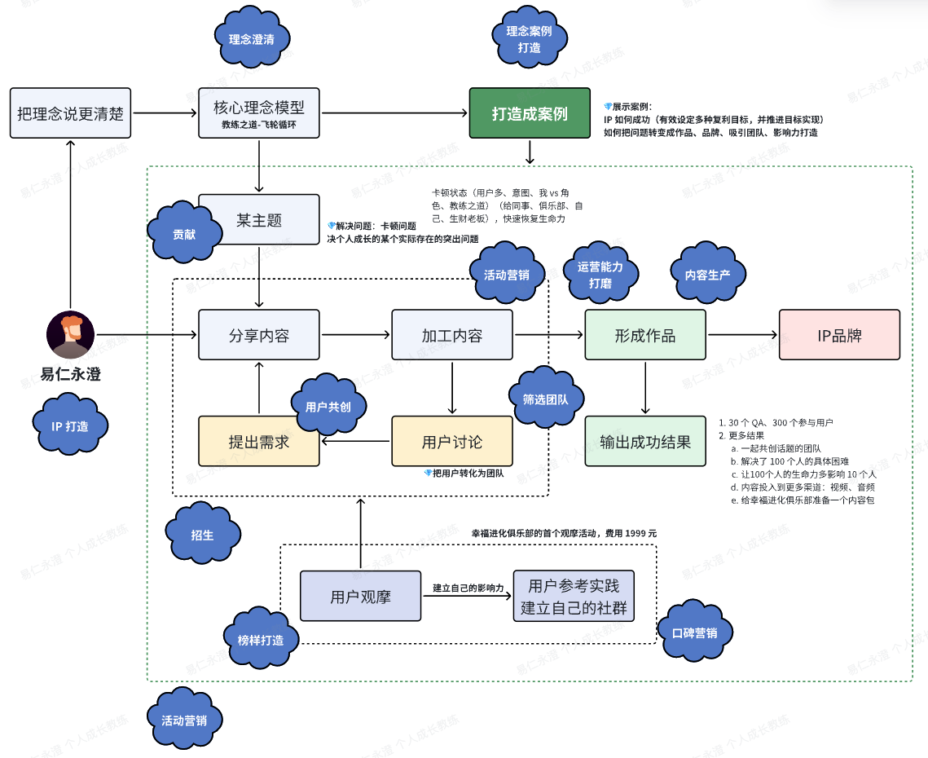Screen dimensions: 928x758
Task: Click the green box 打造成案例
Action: tap(530, 113)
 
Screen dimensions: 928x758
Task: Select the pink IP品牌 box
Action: tap(839, 335)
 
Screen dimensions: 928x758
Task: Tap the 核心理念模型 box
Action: tap(258, 113)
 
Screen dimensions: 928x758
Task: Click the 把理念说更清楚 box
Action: tap(70, 113)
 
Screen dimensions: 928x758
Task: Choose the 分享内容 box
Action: tap(258, 335)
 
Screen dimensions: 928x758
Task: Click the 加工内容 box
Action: tap(452, 335)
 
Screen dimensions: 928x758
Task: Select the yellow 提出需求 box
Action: tap(258, 441)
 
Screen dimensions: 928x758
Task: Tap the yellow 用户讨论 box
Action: tap(452, 441)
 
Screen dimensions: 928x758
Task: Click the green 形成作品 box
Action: tap(645, 335)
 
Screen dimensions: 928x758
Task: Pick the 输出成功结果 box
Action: tap(645, 441)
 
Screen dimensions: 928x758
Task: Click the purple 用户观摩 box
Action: tap(360, 596)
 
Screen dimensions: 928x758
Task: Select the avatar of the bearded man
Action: tap(70, 335)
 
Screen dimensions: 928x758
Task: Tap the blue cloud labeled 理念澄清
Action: tap(252, 37)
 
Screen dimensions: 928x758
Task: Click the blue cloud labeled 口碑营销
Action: tap(695, 632)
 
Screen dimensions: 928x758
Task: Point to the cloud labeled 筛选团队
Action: tap(546, 399)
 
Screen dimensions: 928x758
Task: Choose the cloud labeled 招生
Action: tap(202, 534)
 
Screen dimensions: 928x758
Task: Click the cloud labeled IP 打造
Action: tap(70, 425)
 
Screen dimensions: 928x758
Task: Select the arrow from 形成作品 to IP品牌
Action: tap(742, 335)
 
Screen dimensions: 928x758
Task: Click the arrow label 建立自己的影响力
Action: tap(468, 588)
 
